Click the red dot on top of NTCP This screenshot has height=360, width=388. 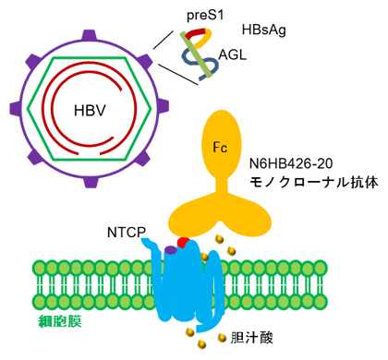tap(183, 242)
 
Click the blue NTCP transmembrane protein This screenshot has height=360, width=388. tap(189, 282)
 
